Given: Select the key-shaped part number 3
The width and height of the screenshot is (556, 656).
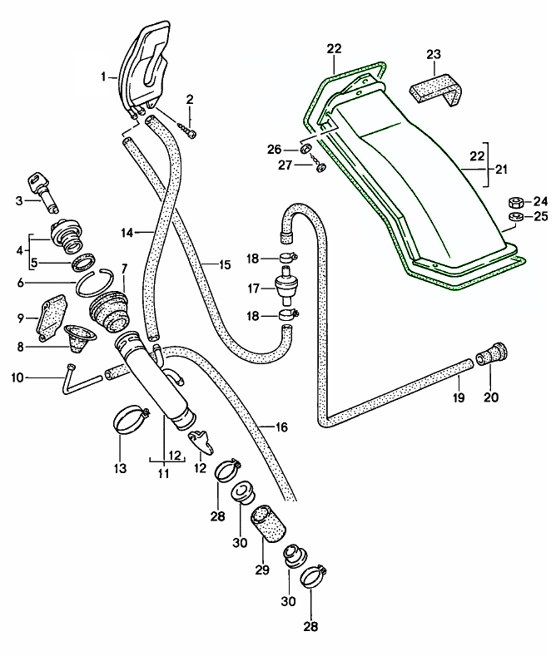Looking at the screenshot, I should pos(42,185).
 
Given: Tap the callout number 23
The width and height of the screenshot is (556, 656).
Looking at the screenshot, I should pos(433,55).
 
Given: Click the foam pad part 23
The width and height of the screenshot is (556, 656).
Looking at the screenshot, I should pos(438,88).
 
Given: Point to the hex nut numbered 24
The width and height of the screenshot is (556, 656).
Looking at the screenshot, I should pos(514,202).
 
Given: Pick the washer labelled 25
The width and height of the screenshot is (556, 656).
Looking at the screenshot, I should pos(514,218).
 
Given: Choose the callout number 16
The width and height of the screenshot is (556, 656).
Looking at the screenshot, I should pos(280,427).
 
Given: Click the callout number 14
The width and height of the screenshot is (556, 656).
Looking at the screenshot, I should pos(126,234).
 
